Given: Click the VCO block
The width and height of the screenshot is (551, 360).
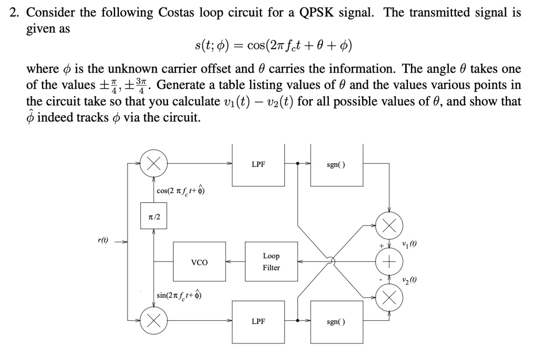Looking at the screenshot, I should (x=199, y=262).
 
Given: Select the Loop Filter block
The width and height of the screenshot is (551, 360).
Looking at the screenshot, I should (x=271, y=262).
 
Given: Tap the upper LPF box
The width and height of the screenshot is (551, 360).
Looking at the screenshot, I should (x=258, y=165).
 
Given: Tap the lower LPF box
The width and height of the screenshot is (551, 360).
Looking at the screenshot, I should (x=258, y=321).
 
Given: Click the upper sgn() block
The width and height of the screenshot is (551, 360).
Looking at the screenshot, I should (x=336, y=165).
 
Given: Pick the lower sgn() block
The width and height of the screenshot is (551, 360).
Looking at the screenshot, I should (x=336, y=321).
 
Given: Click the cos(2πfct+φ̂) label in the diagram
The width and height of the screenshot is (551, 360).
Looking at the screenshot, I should (x=181, y=191).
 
